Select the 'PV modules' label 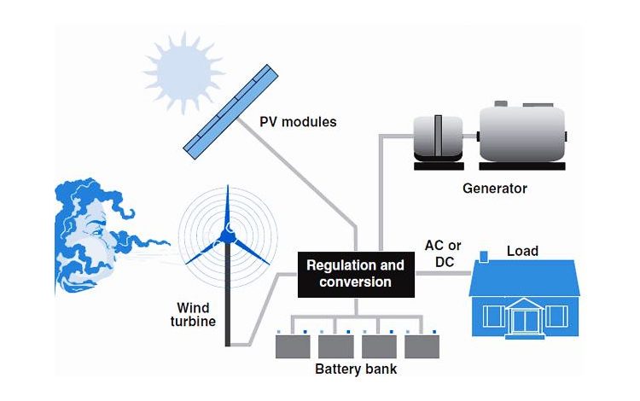click(x=298, y=122)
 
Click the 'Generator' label click(x=495, y=188)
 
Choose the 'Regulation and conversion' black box click(x=355, y=273)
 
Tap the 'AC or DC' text click(x=444, y=253)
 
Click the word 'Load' click(x=522, y=251)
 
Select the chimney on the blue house click(x=484, y=256)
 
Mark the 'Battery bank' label click(x=356, y=369)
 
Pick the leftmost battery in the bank click(x=293, y=346)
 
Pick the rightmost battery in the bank click(x=422, y=346)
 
